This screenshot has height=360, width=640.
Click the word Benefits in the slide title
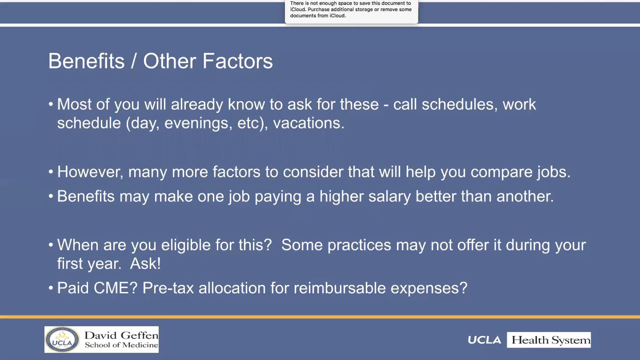click(86, 61)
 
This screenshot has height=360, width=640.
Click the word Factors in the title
click(238, 61)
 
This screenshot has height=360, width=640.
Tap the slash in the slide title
click(134, 61)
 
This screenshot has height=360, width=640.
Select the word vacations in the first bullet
click(308, 123)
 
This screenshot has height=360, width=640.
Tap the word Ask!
click(145, 264)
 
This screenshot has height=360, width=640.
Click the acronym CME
click(116, 288)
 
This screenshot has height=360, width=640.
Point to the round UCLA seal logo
click(62, 340)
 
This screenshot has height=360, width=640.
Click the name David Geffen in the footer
click(121, 335)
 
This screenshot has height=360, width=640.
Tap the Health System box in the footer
click(549, 340)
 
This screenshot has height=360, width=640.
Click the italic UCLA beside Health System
click(484, 340)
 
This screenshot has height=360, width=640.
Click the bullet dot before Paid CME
click(51, 288)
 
